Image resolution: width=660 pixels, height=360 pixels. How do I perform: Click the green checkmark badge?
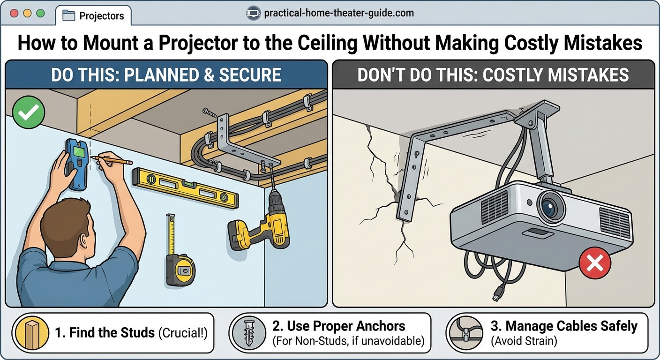29,112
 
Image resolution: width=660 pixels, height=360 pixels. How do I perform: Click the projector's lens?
549,206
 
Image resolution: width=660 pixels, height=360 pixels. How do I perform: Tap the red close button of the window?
14,14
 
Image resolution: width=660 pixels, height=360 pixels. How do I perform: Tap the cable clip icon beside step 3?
465,333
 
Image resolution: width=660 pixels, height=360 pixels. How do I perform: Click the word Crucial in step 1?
182,333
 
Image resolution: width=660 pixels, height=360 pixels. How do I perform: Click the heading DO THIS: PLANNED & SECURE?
166,75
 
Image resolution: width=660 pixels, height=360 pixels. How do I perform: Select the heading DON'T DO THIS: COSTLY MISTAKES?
493,75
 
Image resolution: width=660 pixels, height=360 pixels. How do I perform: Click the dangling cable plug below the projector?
495,296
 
